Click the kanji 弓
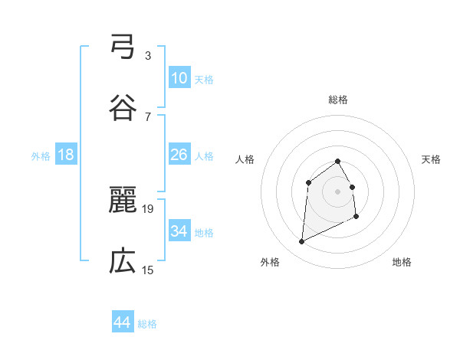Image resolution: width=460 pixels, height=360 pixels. (x=123, y=47)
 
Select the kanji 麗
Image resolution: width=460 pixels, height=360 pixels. (x=123, y=201)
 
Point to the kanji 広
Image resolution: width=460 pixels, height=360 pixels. (x=123, y=262)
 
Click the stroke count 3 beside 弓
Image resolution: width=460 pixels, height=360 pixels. (x=148, y=56)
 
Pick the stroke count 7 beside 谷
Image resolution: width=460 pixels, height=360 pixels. (x=148, y=116)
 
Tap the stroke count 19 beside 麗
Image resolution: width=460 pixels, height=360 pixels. (x=149, y=208)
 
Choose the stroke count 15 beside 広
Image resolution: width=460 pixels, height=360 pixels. (x=148, y=270)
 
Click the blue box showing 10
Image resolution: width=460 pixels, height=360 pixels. (x=179, y=78)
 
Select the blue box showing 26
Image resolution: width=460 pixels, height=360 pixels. (x=179, y=155)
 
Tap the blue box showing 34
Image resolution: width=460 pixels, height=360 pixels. (x=179, y=231)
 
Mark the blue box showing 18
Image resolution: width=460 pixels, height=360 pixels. (x=66, y=155)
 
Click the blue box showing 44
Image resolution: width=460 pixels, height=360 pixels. (x=123, y=322)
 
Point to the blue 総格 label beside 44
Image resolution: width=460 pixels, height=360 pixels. (x=147, y=324)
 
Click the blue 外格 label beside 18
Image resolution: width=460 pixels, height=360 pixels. (x=41, y=156)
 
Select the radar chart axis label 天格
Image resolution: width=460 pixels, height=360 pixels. (x=432, y=159)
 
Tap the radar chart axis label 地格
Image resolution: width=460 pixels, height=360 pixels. (x=402, y=263)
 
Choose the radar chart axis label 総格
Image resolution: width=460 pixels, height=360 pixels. (x=338, y=100)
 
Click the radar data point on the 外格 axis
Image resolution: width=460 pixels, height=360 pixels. (x=301, y=242)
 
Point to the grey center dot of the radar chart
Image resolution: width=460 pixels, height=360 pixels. (x=337, y=191)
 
